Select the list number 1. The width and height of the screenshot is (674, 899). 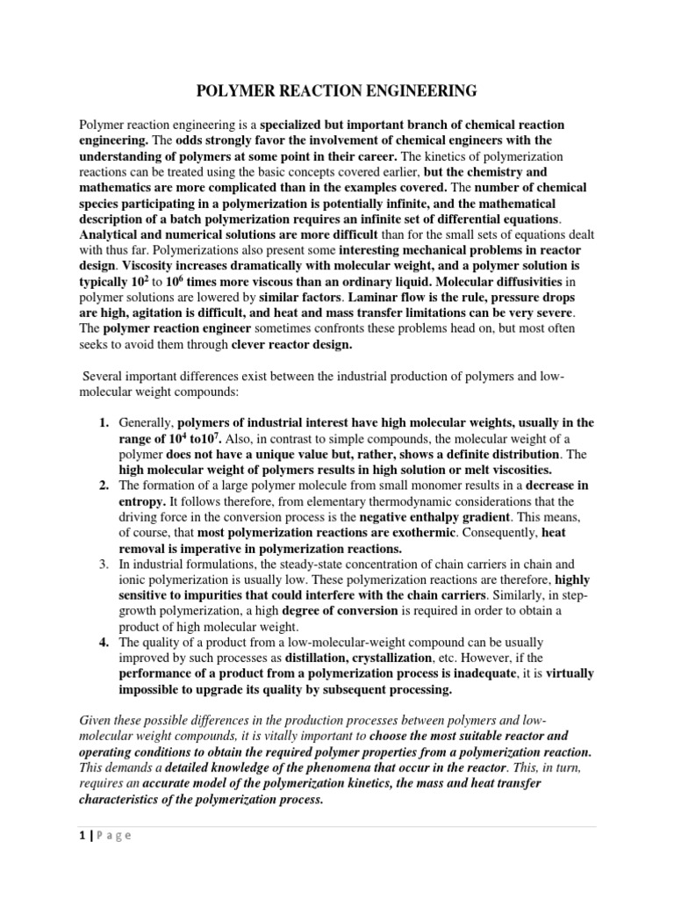[x=102, y=423]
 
